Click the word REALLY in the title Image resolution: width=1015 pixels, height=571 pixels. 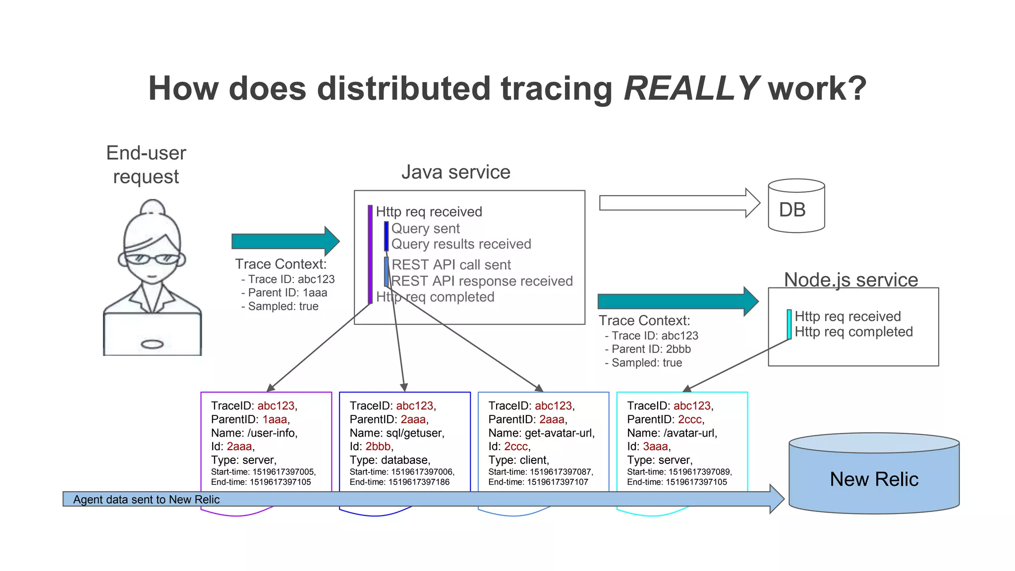coord(691,89)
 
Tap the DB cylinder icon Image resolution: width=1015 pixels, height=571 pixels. coord(796,206)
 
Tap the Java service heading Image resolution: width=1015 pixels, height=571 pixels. coord(455,172)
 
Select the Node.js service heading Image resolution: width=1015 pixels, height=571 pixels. coord(850,280)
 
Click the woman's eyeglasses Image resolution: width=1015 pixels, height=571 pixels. coord(151,258)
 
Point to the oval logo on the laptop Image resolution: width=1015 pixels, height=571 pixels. coord(152,344)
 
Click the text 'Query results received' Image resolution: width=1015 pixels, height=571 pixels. coord(461,244)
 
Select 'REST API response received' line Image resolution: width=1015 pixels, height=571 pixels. coord(482,281)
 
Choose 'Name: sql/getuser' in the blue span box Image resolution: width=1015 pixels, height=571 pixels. coord(396,433)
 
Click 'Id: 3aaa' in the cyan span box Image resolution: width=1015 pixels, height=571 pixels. coord(648,446)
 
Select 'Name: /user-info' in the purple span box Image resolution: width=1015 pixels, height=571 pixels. coord(254,433)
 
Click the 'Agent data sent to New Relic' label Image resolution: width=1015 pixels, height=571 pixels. coord(146,499)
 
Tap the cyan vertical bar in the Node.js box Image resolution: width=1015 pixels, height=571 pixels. coord(789,324)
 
